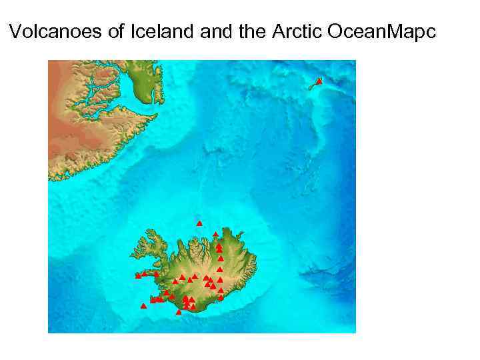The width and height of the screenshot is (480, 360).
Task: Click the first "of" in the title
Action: tap(115, 31)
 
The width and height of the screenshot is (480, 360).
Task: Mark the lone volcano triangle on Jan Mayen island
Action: tap(319, 81)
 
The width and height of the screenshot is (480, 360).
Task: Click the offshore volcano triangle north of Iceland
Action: tap(199, 223)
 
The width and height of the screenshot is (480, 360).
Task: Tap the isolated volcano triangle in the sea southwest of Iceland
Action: tap(143, 306)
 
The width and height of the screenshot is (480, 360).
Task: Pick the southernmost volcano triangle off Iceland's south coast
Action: tap(178, 312)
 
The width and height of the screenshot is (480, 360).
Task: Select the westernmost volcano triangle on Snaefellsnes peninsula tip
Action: tap(138, 275)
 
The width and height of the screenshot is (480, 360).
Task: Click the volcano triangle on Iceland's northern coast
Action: tap(215, 234)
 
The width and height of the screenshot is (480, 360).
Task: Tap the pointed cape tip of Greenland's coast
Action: tap(153, 117)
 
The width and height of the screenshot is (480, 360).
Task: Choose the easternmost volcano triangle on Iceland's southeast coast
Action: tap(221, 297)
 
